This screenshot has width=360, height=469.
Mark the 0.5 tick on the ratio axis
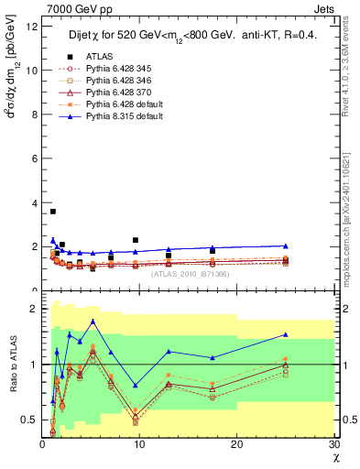click(29, 420)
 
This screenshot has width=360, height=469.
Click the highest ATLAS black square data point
click(52, 212)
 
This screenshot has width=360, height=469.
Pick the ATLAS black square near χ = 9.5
click(136, 240)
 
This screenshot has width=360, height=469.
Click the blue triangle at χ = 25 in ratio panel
click(286, 334)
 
